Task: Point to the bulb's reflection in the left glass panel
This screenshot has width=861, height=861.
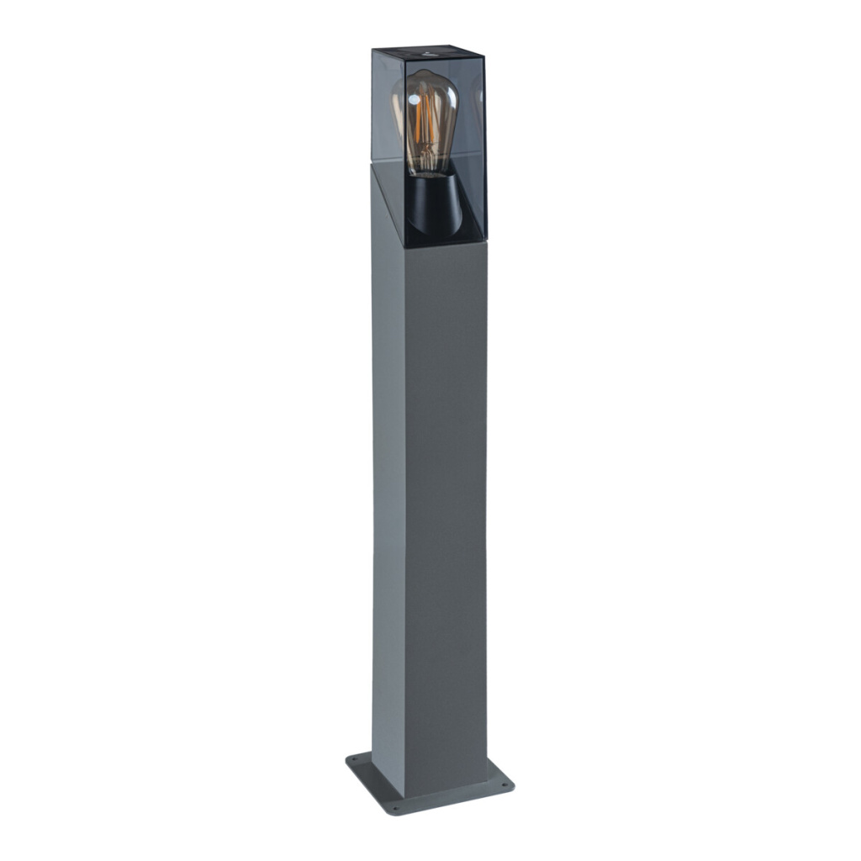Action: tap(397, 105)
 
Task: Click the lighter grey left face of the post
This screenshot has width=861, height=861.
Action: tap(388, 462)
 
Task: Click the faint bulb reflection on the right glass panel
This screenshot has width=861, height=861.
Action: tap(480, 101)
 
